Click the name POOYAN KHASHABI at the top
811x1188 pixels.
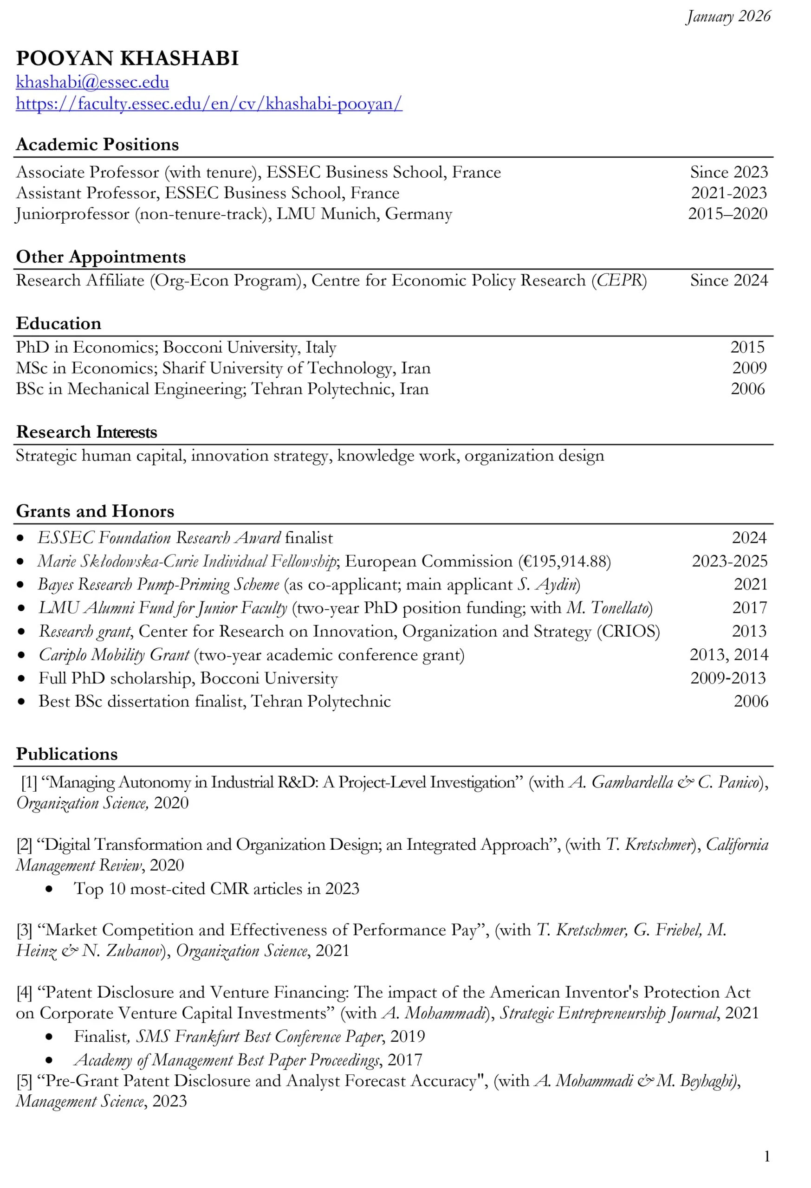coord(127,58)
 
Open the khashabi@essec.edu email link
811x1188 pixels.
coord(92,82)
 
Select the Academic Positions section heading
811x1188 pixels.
coord(97,145)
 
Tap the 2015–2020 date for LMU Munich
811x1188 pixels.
coord(727,213)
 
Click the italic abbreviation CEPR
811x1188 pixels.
coord(619,280)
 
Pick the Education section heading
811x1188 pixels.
coord(59,323)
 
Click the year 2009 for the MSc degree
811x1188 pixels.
coord(749,368)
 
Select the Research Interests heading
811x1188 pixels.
coord(86,432)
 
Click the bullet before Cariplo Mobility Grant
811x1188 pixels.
coord(21,655)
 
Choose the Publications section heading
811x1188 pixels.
coord(67,754)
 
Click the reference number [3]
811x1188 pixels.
coord(24,930)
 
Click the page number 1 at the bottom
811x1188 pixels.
coord(766,1156)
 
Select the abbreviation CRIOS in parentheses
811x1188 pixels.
coord(629,631)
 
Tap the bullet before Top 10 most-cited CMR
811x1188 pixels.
coord(49,889)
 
